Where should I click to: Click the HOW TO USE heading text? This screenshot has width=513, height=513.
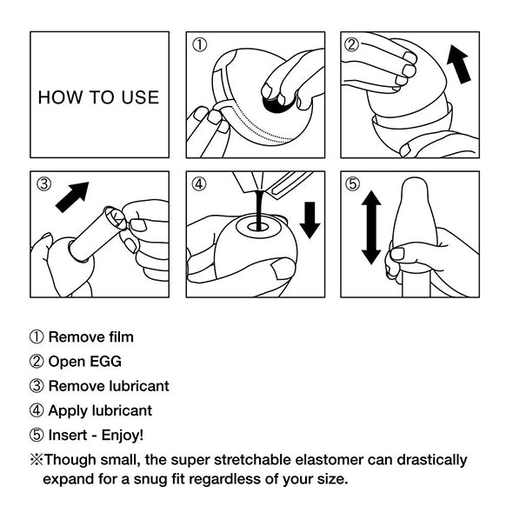tap(99, 97)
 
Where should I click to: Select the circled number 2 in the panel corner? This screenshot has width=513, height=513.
tap(351, 44)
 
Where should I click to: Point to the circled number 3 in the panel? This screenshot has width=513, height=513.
tap(43, 183)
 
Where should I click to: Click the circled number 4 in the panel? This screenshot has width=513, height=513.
tap(198, 183)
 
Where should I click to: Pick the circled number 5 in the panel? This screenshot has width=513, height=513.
tap(351, 183)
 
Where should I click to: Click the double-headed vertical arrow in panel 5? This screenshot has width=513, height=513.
tap(371, 228)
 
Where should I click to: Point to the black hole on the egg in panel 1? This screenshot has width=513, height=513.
tap(280, 103)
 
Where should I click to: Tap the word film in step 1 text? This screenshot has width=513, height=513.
tap(119, 336)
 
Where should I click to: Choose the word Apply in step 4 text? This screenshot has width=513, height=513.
tap(67, 410)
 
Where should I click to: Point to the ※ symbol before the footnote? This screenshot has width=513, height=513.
tap(36, 460)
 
